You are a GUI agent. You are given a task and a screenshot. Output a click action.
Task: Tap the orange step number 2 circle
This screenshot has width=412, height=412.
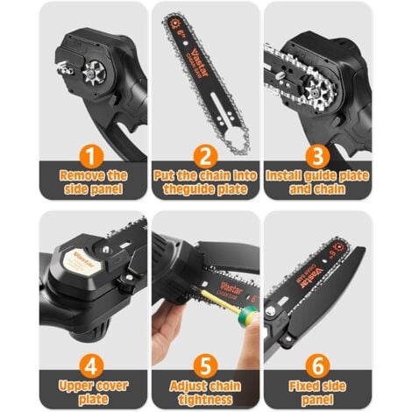pyautogui.click(x=206, y=156)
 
